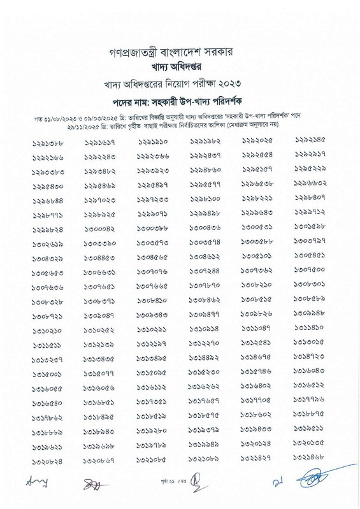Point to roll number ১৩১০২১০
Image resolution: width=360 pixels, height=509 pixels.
[47, 332]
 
